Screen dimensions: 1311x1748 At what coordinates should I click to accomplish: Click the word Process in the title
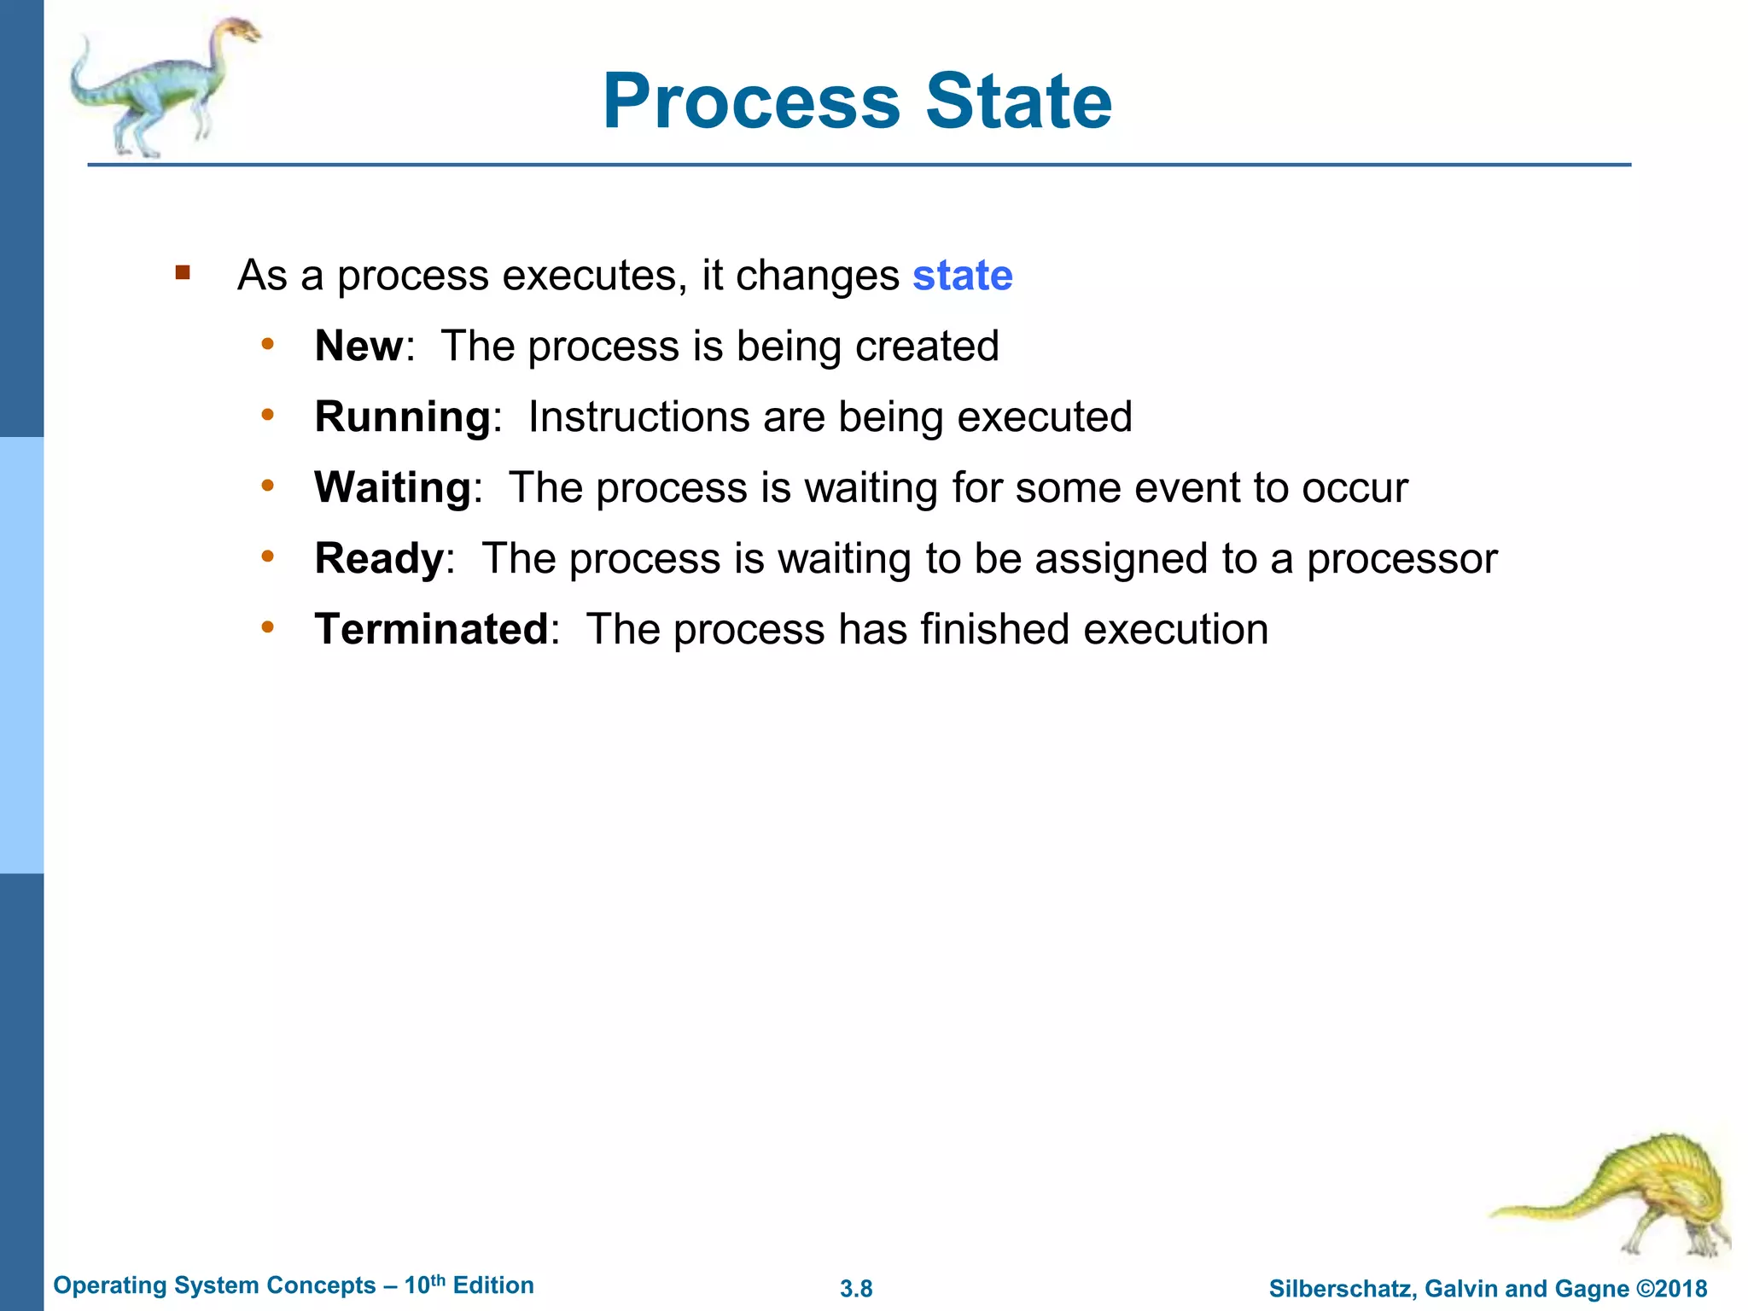(x=751, y=102)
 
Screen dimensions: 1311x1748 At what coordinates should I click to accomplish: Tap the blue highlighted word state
(x=962, y=276)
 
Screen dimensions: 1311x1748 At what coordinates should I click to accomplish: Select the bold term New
(x=358, y=347)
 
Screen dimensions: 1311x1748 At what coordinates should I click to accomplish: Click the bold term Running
(x=403, y=417)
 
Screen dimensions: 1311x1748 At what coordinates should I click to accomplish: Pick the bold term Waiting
(x=393, y=488)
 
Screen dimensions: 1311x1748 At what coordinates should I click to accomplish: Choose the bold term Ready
(x=379, y=559)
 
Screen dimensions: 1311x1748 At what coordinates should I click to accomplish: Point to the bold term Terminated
(x=431, y=630)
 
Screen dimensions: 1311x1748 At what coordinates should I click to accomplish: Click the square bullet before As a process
(x=183, y=273)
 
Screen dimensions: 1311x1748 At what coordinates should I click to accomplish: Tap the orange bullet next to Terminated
(x=268, y=627)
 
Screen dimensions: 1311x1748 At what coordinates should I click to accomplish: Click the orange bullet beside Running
(x=268, y=415)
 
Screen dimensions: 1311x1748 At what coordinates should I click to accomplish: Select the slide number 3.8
(x=856, y=1289)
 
